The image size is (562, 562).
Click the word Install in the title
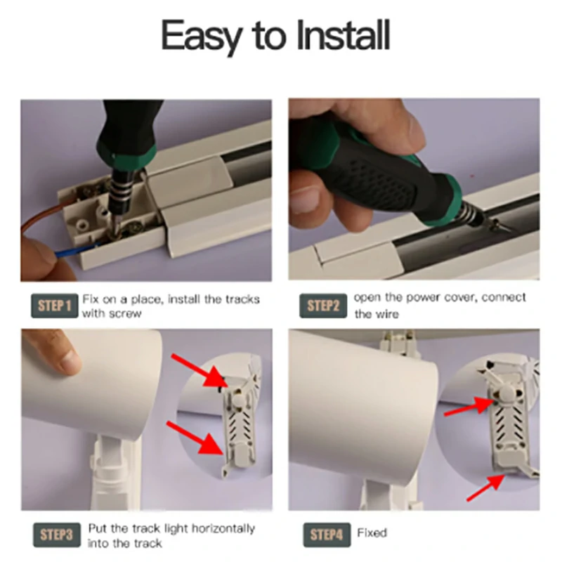[344, 36]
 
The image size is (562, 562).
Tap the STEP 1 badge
[55, 306]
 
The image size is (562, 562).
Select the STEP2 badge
[323, 306]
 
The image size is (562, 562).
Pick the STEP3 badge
[57, 535]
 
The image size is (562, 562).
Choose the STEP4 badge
[327, 535]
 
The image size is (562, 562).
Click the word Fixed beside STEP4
[372, 533]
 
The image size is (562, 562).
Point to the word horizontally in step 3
[223, 529]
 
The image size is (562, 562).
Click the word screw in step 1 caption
[125, 314]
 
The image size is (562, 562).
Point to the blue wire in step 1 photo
[76, 250]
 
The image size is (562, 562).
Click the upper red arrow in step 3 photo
[200, 371]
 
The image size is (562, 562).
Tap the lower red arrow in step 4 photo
[485, 488]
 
